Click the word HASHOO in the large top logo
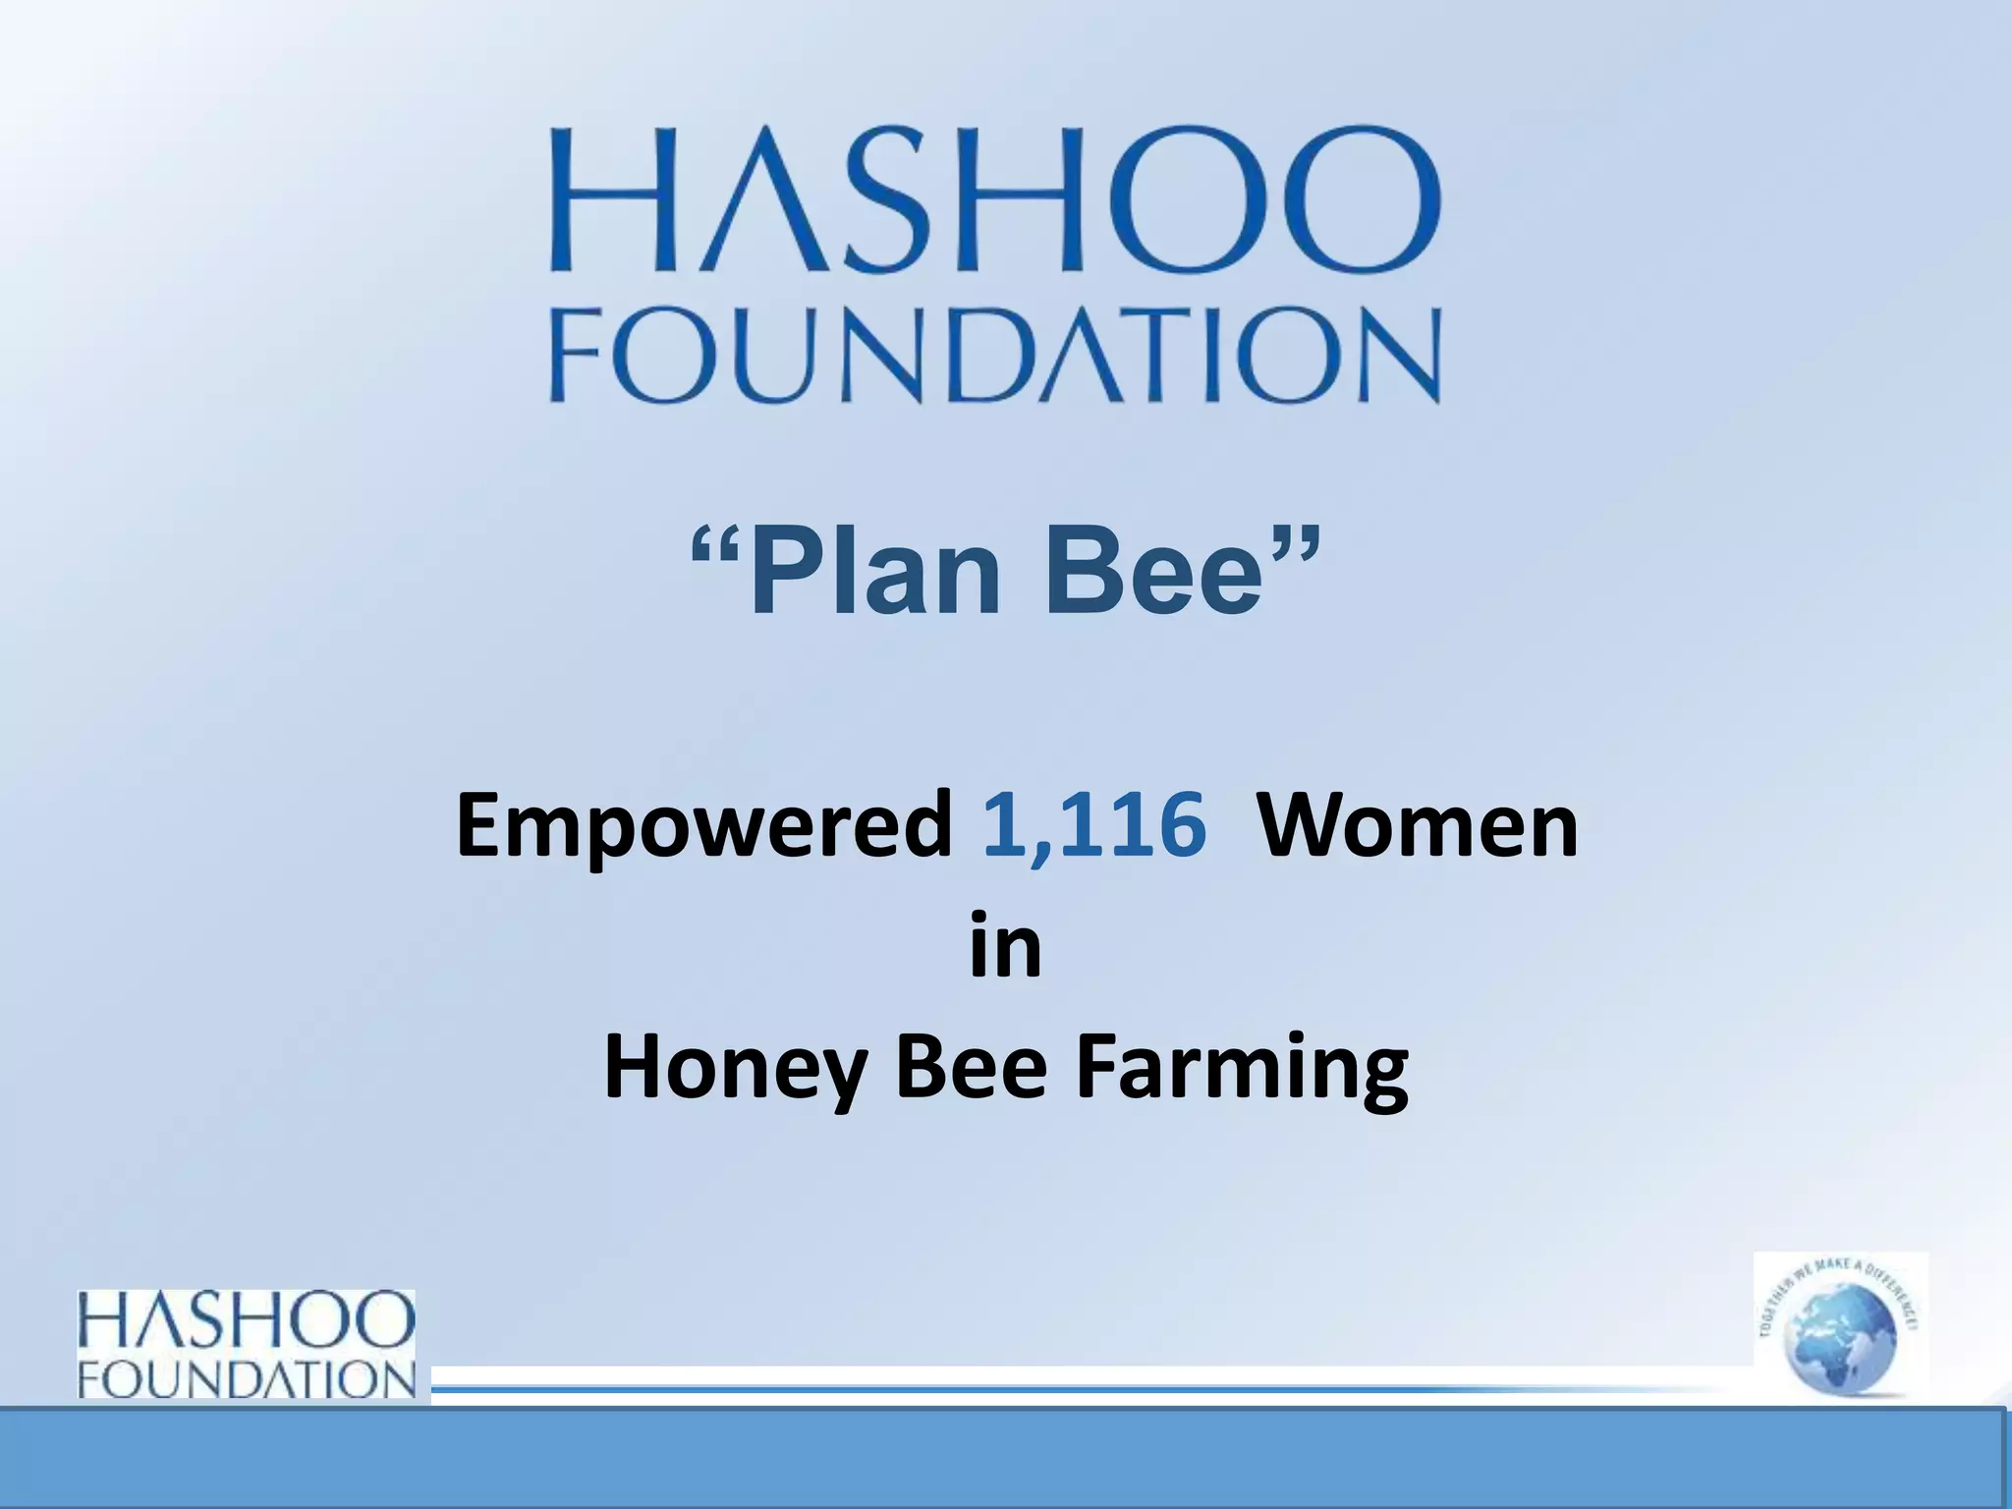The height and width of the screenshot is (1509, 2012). pyautogui.click(x=994, y=199)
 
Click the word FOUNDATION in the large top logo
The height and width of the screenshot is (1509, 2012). pyautogui.click(x=994, y=355)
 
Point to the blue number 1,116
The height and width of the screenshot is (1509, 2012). pyautogui.click(x=1093, y=825)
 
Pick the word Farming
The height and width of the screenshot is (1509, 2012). pyautogui.click(x=1243, y=1071)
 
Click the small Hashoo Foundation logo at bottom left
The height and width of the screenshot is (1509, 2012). pyautogui.click(x=247, y=1343)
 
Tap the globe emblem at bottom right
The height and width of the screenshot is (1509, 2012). pyautogui.click(x=1840, y=1327)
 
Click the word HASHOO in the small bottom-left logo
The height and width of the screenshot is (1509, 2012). pyautogui.click(x=247, y=1321)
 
